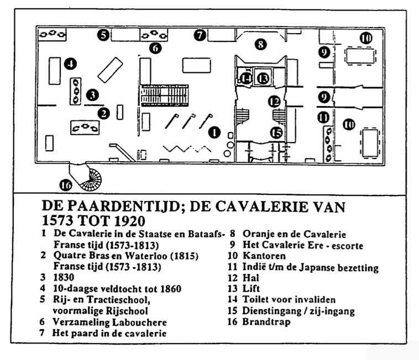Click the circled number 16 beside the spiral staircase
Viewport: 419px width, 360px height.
(66, 185)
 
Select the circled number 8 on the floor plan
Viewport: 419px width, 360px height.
(260, 44)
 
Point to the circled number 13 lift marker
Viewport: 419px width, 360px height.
(263, 78)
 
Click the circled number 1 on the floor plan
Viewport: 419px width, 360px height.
(214, 133)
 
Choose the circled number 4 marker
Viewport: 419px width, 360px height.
(71, 64)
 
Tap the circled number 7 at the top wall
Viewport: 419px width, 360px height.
(200, 35)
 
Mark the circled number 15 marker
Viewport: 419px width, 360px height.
(276, 133)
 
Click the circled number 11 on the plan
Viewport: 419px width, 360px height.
(323, 118)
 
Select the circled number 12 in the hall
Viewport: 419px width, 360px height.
(274, 102)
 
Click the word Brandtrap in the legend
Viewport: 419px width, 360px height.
(266, 321)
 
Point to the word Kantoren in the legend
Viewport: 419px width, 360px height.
(264, 256)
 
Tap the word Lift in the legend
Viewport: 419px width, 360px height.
(251, 288)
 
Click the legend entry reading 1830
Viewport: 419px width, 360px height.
(64, 277)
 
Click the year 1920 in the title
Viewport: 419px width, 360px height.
(130, 221)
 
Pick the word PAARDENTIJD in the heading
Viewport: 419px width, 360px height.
(122, 206)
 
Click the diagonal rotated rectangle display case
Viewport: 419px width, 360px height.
(110, 70)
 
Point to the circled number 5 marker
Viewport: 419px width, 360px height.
(103, 35)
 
